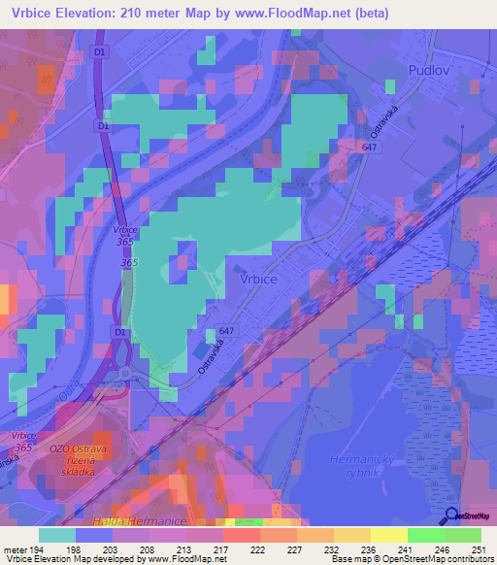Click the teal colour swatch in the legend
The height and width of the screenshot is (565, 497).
pos(56,535)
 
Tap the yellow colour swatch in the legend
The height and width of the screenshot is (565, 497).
pos(388,535)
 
